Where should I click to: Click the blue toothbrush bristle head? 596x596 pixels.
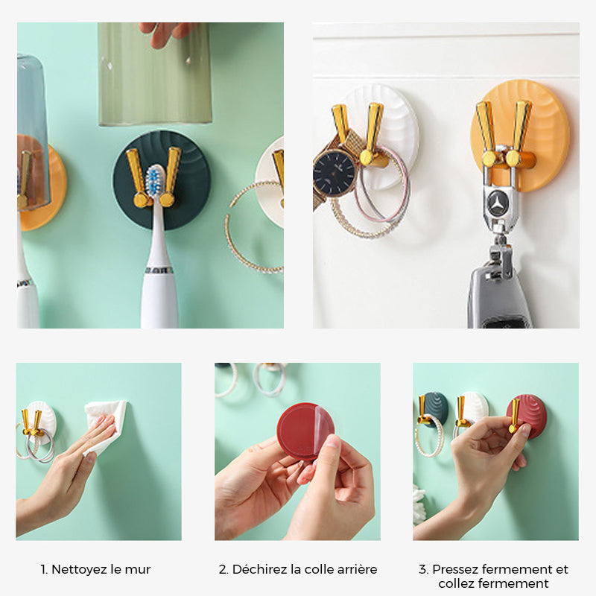pyautogui.click(x=156, y=180)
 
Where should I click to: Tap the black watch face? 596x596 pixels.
pyautogui.click(x=334, y=173)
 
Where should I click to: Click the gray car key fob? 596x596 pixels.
pyautogui.click(x=498, y=297)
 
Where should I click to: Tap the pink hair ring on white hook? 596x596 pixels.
pyautogui.click(x=382, y=186)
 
